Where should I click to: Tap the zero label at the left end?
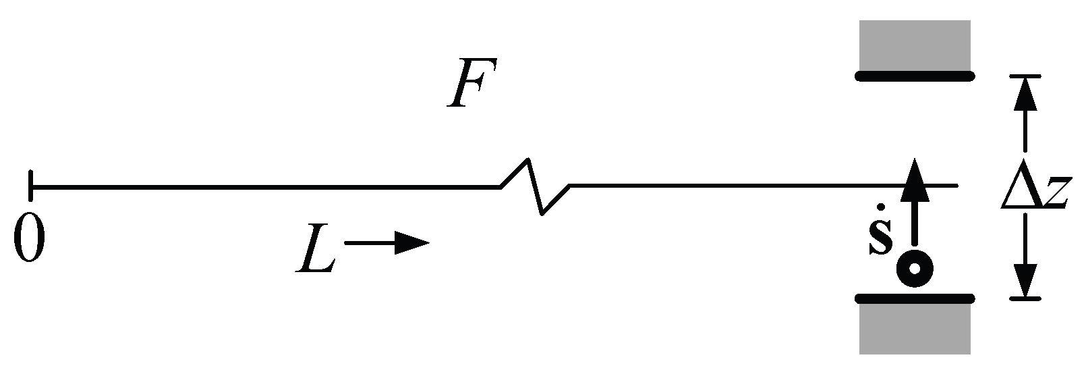pos(30,238)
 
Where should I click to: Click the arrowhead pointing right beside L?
pos(412,243)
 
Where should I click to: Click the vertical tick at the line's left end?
pos(30,186)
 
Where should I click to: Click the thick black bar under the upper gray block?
pos(915,76)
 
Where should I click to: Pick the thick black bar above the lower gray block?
pos(915,298)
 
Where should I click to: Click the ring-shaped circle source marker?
pos(915,269)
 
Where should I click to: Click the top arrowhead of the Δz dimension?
pos(1025,94)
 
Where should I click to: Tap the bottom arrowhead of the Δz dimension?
pos(1025,281)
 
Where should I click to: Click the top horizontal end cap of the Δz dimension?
pos(1025,76)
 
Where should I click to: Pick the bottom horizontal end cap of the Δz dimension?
pos(1025,298)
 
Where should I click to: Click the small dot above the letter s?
pos(881,207)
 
